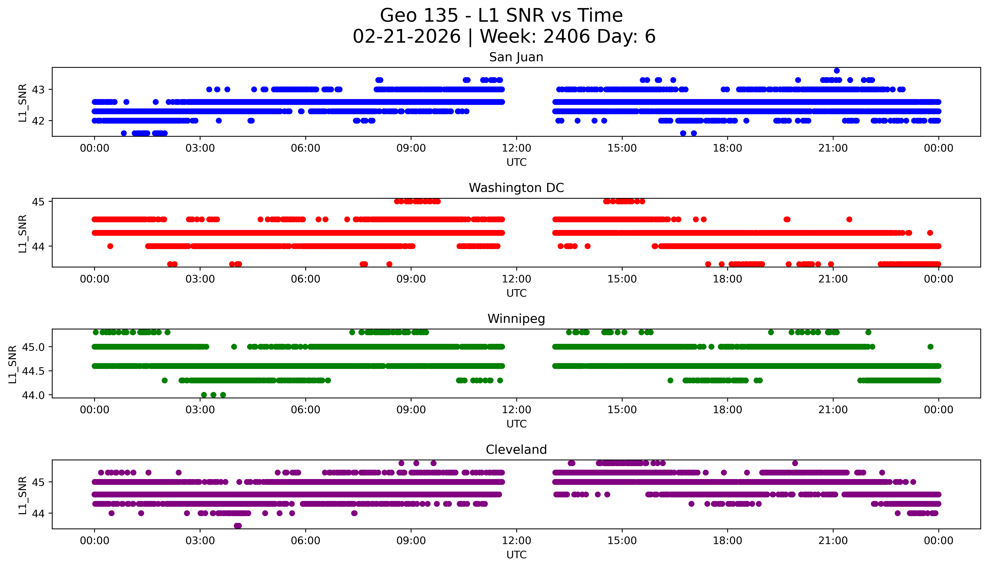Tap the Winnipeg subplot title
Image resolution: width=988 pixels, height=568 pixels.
pyautogui.click(x=516, y=319)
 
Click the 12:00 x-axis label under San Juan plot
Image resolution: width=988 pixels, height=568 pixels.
pyautogui.click(x=516, y=148)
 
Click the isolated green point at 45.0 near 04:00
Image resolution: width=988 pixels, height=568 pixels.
pyautogui.click(x=234, y=346)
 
